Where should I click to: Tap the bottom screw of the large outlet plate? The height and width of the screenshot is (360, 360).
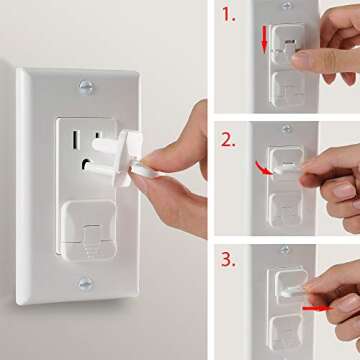[x=84, y=284]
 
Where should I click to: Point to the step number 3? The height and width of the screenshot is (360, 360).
[x=229, y=260]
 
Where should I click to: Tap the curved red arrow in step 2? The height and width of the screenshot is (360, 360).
[x=263, y=171]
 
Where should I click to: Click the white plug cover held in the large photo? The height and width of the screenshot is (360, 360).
[x=125, y=156]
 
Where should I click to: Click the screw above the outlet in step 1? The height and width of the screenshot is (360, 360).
[x=288, y=5]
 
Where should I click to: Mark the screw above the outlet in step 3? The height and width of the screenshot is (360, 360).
[x=287, y=249]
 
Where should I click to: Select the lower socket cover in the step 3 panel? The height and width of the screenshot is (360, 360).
[x=287, y=328]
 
